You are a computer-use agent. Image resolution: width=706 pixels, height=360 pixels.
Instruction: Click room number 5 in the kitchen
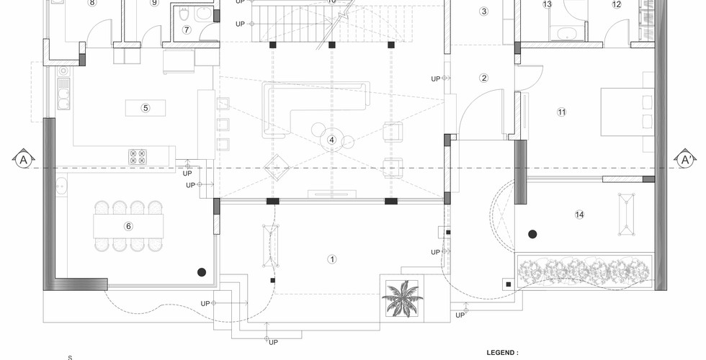point(146,108)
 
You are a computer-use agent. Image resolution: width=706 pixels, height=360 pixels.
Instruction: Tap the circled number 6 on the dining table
point(129,225)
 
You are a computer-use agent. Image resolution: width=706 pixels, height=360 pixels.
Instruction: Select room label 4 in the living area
point(332,140)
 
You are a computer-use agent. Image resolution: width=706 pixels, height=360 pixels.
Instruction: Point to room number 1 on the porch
point(332,258)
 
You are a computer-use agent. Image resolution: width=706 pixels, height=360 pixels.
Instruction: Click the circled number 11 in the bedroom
point(561,112)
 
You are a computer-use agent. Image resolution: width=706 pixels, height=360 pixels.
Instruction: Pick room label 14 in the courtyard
point(579,215)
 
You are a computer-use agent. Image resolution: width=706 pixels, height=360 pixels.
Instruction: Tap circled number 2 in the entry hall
point(484,78)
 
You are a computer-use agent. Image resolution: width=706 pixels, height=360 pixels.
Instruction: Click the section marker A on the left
point(24,159)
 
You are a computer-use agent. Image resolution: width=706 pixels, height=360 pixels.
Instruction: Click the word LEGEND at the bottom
point(502,353)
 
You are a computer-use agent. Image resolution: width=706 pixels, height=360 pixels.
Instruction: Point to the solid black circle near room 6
point(202,271)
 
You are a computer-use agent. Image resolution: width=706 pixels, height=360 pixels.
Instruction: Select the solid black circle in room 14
point(532,234)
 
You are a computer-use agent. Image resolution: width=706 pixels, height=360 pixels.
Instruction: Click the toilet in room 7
point(184,14)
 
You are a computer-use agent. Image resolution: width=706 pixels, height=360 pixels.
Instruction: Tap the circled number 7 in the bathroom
point(187,30)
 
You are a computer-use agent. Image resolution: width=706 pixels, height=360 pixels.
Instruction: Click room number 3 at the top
point(483,11)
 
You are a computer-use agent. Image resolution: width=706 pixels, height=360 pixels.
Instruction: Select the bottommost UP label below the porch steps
point(273,342)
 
